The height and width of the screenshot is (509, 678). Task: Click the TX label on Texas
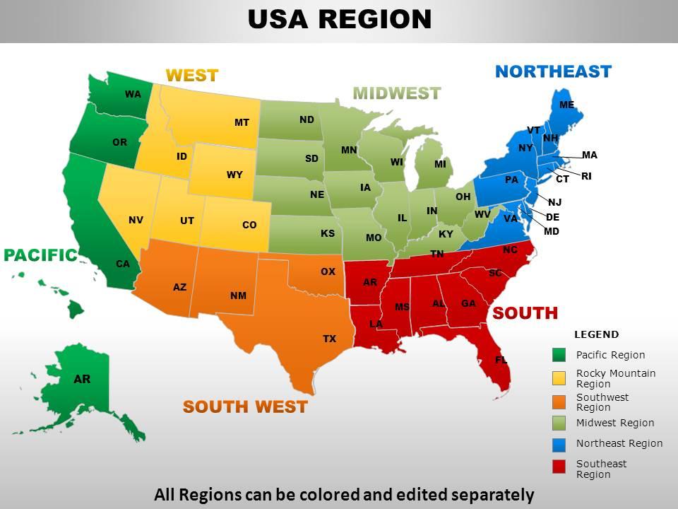(x=330, y=339)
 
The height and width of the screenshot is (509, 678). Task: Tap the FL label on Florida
(x=501, y=360)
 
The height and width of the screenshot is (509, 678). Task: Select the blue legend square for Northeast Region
(x=559, y=445)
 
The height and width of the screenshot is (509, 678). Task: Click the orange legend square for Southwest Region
(x=559, y=402)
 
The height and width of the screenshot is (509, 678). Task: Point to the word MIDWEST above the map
(x=396, y=93)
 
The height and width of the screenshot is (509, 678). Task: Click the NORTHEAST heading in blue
(x=553, y=71)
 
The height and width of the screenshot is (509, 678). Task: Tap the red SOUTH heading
(x=525, y=312)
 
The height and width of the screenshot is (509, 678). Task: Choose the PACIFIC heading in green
(x=40, y=255)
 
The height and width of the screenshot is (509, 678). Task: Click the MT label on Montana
(x=242, y=123)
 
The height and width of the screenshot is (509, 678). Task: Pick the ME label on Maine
(x=566, y=105)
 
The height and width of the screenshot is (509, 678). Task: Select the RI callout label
(x=586, y=176)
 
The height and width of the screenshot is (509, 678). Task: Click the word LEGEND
(x=596, y=334)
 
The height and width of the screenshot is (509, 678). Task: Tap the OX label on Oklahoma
(x=328, y=271)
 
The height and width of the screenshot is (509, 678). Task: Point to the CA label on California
(x=123, y=264)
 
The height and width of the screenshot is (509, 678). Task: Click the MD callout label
(x=552, y=231)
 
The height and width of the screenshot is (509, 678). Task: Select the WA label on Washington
(x=133, y=94)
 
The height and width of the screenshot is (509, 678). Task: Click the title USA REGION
(x=339, y=19)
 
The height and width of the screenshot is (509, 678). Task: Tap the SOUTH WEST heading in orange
(x=245, y=406)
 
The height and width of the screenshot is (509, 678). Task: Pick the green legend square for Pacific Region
(x=559, y=355)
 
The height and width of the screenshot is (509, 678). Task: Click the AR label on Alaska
(x=82, y=379)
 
